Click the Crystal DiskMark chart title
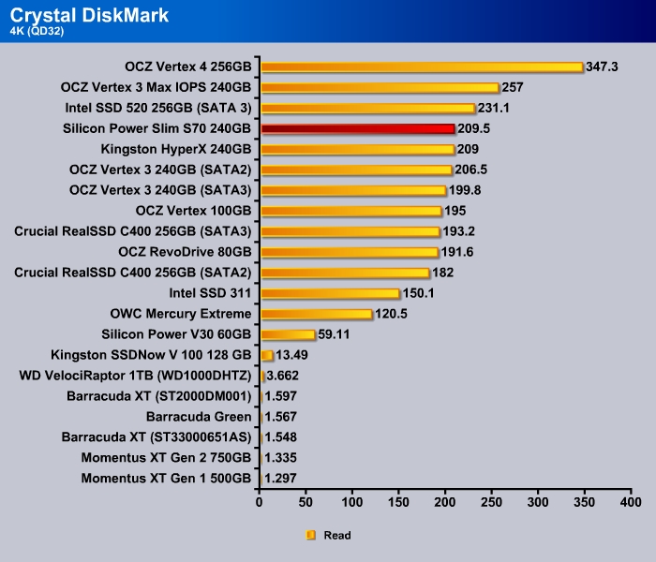click(90, 15)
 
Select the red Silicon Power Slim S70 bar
click(357, 128)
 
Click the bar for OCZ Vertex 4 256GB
click(422, 67)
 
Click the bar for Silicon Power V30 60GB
click(288, 334)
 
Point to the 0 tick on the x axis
click(261, 504)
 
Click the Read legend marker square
click(311, 536)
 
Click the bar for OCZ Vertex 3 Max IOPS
click(380, 87)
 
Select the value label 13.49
click(293, 355)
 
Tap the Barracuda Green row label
click(199, 417)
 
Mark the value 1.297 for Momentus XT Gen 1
click(282, 479)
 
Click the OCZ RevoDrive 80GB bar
click(350, 252)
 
